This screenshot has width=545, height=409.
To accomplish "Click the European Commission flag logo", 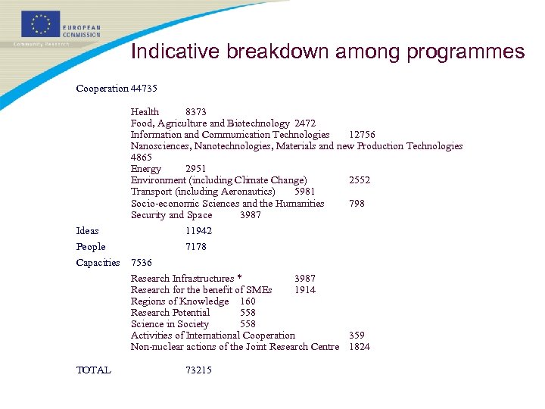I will [41, 24].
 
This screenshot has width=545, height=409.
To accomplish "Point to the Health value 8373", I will [196, 111].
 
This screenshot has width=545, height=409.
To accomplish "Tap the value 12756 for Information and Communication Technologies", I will [362, 134].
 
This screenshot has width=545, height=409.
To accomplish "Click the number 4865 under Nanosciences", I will [142, 157].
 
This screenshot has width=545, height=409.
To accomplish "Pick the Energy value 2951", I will [195, 168].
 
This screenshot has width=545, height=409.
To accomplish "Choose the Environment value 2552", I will [360, 180].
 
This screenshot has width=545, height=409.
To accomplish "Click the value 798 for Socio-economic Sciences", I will [357, 203].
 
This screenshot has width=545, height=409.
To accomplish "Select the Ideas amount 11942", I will [198, 230].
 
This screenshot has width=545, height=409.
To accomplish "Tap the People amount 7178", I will [195, 246].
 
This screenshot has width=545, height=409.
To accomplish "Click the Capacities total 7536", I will [142, 262].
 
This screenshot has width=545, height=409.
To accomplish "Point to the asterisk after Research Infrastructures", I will [239, 278].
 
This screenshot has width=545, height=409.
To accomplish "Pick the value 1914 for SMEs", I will [305, 289].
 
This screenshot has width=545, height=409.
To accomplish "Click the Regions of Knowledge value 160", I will [248, 301].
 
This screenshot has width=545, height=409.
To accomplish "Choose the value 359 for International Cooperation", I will [357, 335].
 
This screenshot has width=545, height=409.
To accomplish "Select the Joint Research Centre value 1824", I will [360, 346].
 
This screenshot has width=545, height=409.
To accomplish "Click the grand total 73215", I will [198, 370].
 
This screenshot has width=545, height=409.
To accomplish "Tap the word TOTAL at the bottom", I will [94, 370].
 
